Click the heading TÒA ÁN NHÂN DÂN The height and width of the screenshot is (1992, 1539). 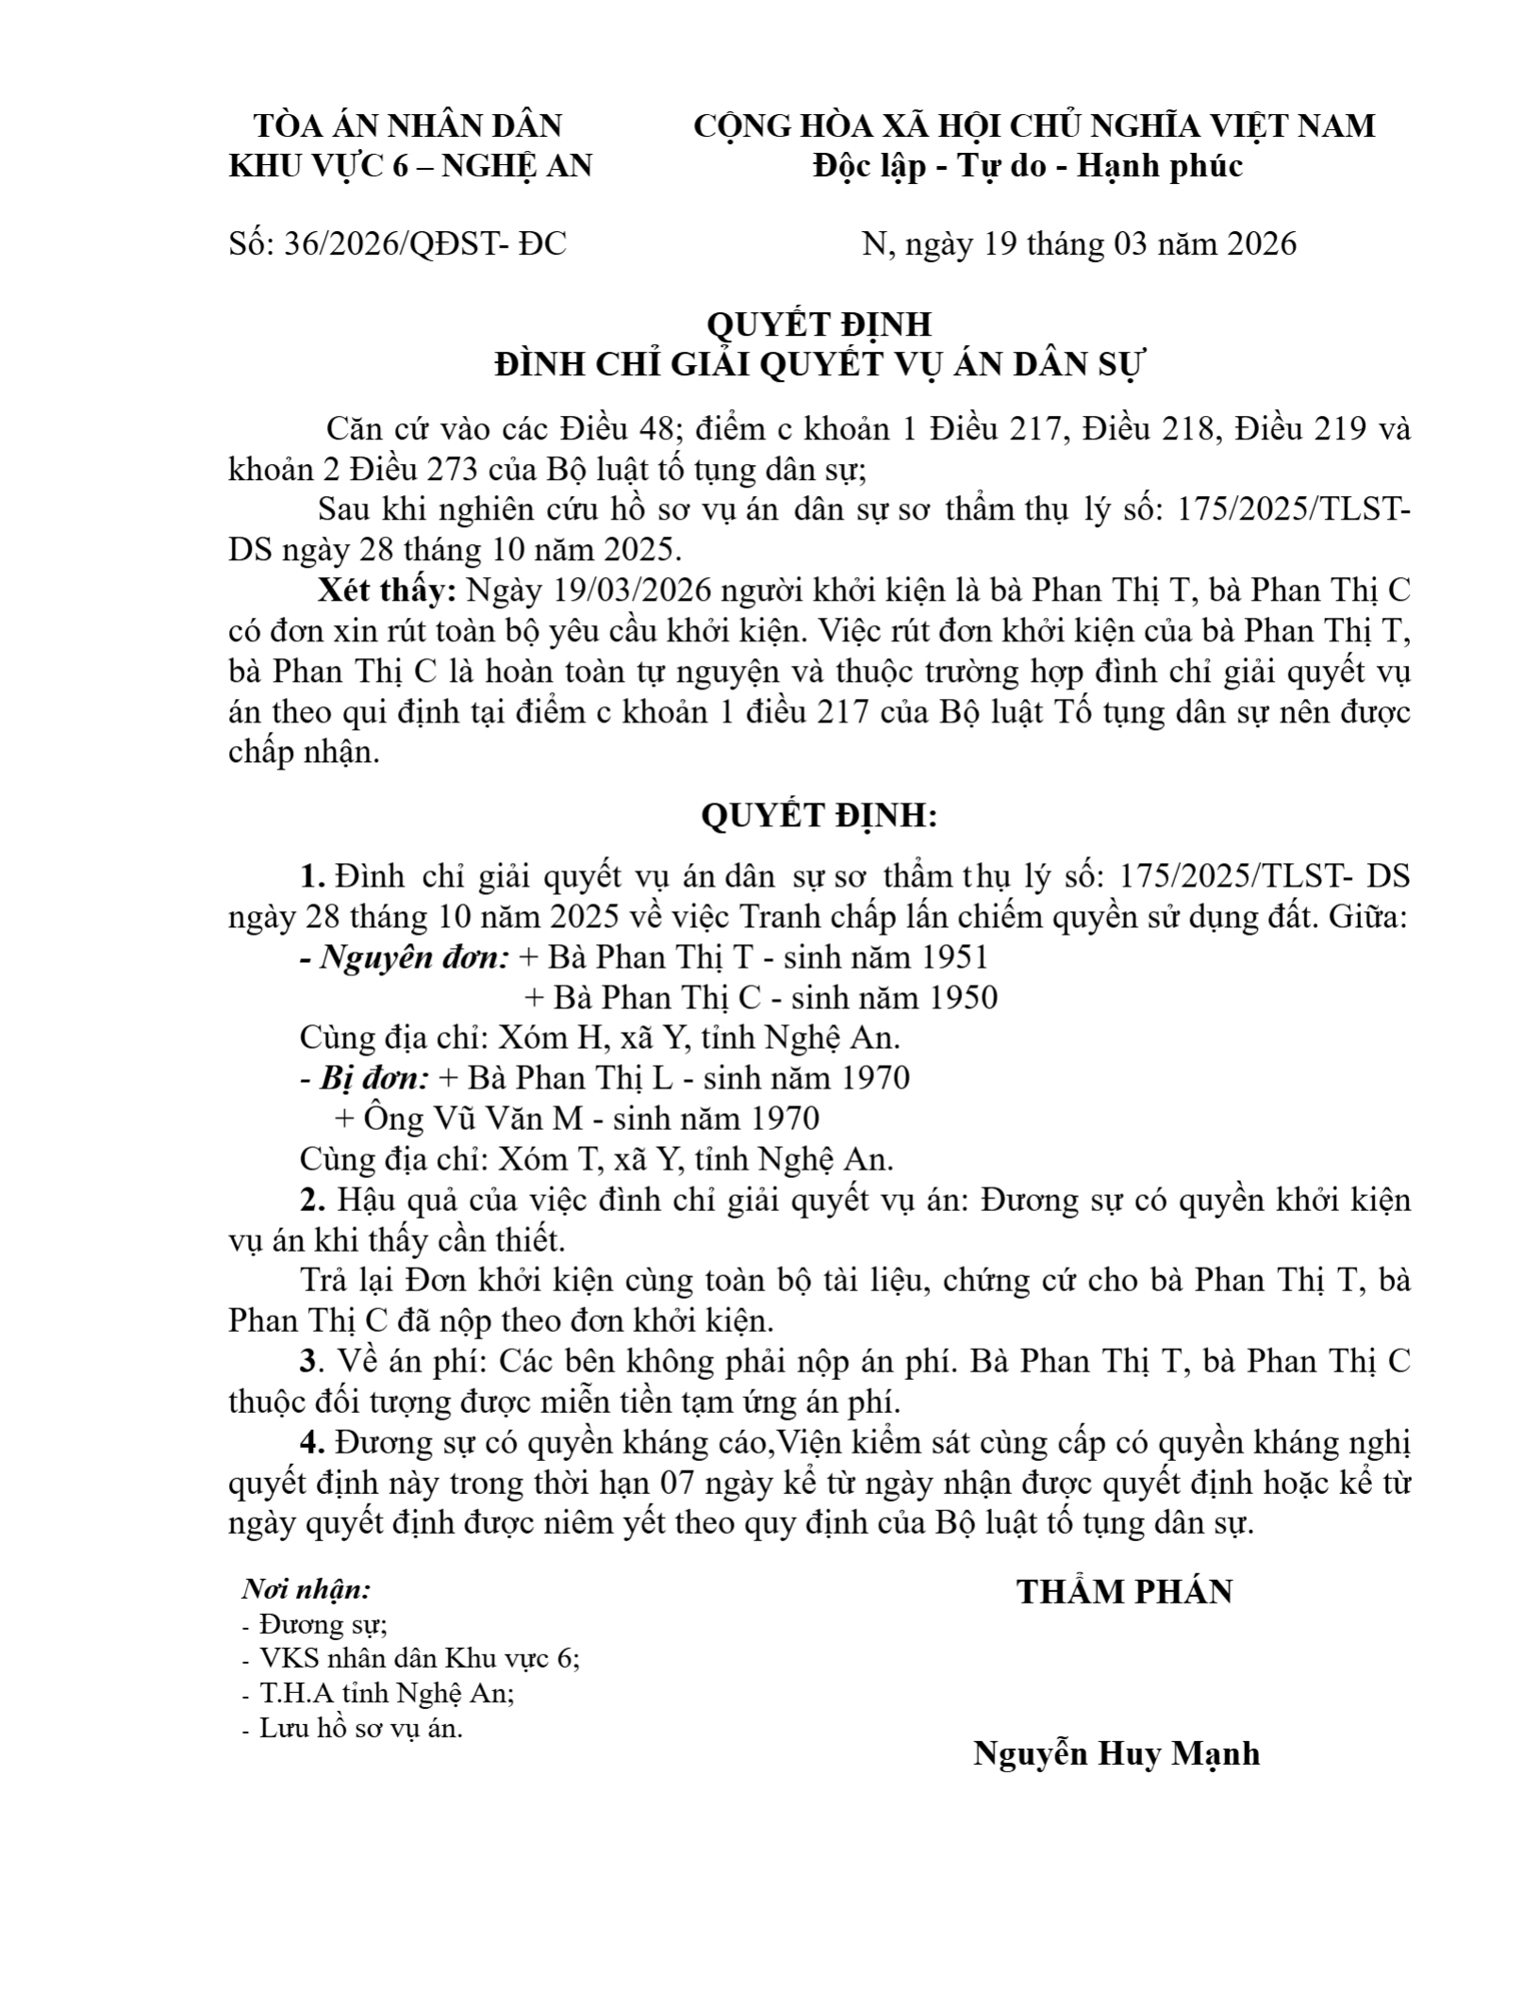(x=408, y=125)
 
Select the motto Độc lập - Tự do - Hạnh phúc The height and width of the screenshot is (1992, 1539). (x=1029, y=166)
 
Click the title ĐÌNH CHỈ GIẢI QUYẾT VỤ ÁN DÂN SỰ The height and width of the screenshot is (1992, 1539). (x=819, y=364)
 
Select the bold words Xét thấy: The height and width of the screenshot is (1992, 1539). (x=387, y=591)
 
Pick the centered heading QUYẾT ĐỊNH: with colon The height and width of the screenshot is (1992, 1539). (x=819, y=816)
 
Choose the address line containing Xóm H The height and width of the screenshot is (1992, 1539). (x=600, y=1037)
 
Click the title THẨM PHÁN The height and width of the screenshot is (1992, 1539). (x=1124, y=1592)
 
